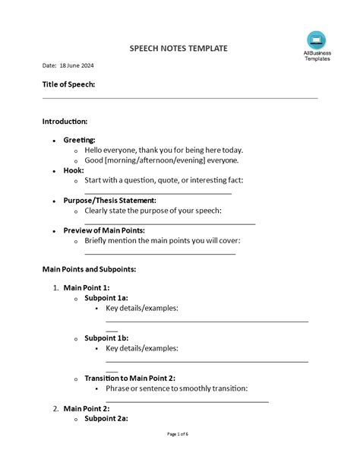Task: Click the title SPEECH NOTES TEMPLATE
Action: click(179, 48)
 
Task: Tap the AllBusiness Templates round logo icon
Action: click(316, 40)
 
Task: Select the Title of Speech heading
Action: click(68, 84)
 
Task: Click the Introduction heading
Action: click(65, 121)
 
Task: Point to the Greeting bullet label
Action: click(79, 140)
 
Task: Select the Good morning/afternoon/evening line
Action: click(161, 160)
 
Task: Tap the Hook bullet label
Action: click(74, 170)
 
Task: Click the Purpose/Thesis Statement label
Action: click(110, 200)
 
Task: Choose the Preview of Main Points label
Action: click(104, 230)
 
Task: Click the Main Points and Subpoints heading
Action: click(89, 269)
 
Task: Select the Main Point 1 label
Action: click(87, 287)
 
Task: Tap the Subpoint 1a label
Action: click(106, 298)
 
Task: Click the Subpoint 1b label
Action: click(106, 338)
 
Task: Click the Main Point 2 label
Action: click(87, 408)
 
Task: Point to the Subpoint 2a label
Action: click(106, 418)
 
